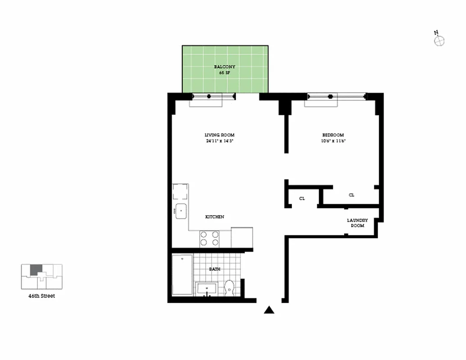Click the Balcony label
pos(224,67)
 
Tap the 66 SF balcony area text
pos(224,73)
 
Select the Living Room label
pos(219,135)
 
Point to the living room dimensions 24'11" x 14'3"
pos(219,141)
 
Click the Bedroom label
pos(333,135)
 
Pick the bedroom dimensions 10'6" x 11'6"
pos(333,141)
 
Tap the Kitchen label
pos(215,217)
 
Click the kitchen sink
pos(181,211)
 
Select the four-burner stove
pos(209,239)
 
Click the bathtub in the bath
pos(182,274)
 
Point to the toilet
pos(229,288)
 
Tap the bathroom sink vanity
pos(207,289)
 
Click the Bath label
pos(215,269)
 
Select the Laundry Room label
pos(357,223)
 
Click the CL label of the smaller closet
pos(302,198)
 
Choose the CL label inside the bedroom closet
pos(352,195)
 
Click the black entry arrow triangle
pos(269,310)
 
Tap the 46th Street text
pos(41,296)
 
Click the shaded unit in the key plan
pos(36,270)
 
